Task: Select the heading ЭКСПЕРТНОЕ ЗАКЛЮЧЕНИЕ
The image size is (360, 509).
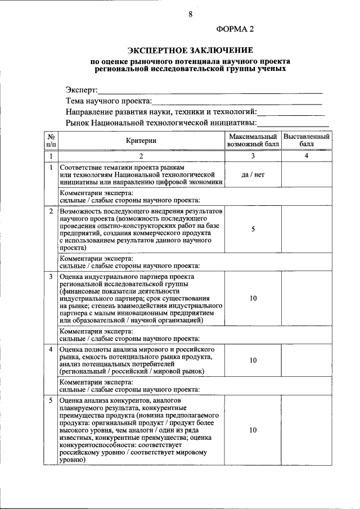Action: coord(191,50)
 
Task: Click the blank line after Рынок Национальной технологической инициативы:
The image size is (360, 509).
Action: coord(293,123)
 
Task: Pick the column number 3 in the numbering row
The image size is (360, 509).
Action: coord(253,156)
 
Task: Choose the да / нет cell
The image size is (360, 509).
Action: coord(253,175)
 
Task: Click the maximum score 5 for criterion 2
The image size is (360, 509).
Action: coord(253,229)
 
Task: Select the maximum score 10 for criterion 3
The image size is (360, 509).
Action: coord(253,299)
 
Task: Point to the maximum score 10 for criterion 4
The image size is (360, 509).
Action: coord(253,360)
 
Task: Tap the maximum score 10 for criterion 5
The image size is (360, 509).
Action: coord(253,430)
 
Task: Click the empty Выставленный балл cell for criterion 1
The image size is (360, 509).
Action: coord(307,175)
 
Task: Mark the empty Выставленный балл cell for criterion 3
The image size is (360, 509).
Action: coord(307,299)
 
